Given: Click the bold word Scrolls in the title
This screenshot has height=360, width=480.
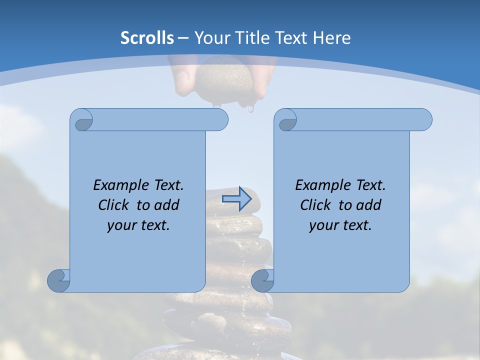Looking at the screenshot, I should [147, 38].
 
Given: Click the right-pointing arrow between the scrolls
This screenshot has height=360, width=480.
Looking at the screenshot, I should [237, 199].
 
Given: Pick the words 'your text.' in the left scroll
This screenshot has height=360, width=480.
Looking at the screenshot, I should [138, 225].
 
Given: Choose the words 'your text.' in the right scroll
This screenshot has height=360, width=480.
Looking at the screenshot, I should [340, 225].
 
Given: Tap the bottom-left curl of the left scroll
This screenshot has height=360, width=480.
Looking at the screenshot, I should [58, 280].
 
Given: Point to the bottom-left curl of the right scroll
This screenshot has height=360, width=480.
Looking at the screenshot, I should [262, 280].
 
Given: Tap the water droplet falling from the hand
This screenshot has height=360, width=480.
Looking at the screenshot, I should [250, 108].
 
